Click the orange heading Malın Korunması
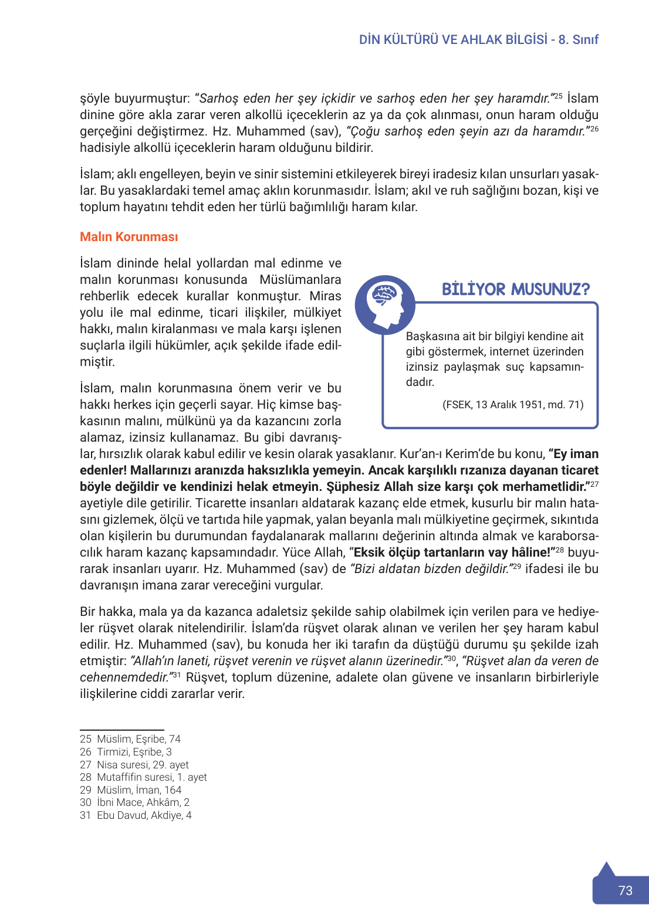coord(129,237)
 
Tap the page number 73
coord(625,890)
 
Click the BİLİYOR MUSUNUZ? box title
coord(515,289)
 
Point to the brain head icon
coord(385,304)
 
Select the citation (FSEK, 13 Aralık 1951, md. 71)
coord(512,405)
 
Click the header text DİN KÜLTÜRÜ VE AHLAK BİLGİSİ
coord(453,40)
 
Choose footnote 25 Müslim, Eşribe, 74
coord(130,739)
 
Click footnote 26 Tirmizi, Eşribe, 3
coord(126,752)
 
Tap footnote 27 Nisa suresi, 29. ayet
coord(134,765)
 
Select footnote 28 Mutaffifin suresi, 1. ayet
coord(143,777)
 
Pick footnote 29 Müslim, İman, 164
coord(130,790)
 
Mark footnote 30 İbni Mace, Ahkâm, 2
coord(134,802)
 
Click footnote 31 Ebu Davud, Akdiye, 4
coord(136,815)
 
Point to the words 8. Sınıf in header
coord(578,40)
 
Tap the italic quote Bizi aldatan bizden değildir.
coord(430,569)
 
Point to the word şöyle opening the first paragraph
coord(95,99)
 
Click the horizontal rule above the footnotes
coord(121,730)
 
